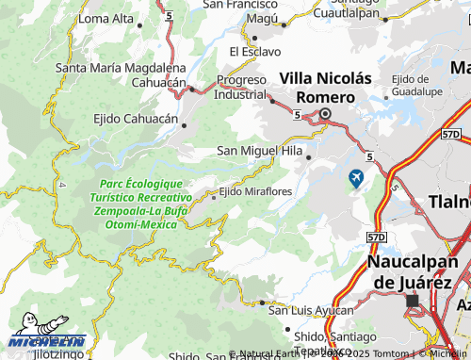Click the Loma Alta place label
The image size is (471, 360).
[106, 18]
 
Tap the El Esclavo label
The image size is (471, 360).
[254, 51]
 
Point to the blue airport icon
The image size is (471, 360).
[356, 177]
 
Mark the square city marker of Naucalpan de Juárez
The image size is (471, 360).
[412, 301]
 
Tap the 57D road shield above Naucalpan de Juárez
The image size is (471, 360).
[377, 237]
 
